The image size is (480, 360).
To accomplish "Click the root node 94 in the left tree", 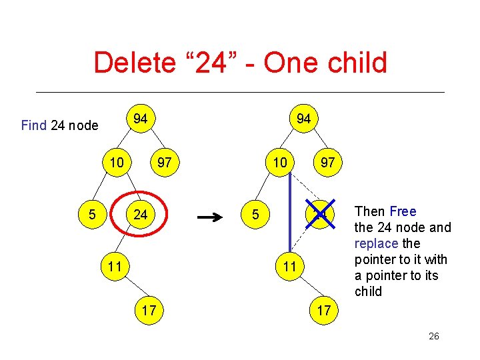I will tap(140, 119).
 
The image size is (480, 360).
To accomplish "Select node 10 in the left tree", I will tap(117, 163).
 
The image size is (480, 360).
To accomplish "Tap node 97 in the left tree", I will tap(163, 163).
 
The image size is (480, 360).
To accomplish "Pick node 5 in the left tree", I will tap(92, 215).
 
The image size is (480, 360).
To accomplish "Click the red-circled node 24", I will tap(140, 215).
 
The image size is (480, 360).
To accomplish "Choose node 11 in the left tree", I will tap(115, 267).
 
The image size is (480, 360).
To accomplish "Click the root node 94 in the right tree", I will tap(303, 119).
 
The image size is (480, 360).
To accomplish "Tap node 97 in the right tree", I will tap(327, 163).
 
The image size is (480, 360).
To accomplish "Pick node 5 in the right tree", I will tap(256, 215).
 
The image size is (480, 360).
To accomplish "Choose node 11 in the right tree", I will tap(289, 267).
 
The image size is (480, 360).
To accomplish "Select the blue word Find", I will tap(34, 125).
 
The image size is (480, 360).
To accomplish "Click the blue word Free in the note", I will tap(403, 211).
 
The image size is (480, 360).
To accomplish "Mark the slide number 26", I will tap(433, 337).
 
